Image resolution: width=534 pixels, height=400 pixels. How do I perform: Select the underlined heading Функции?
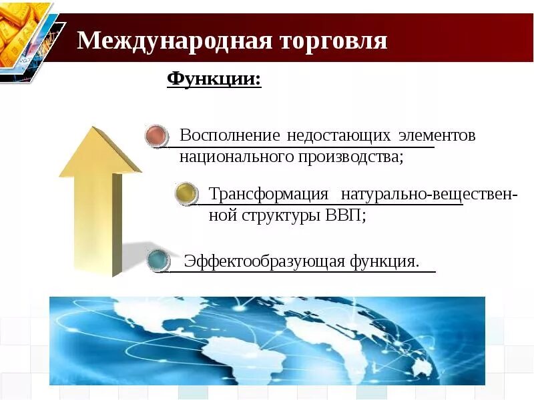(x=214, y=79)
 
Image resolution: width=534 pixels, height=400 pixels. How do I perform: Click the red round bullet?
(x=157, y=136)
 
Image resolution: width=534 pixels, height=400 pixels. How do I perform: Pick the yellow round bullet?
(x=186, y=194)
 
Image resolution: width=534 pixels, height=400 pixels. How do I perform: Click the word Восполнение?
(x=230, y=135)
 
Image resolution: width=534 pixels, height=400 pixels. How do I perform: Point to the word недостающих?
(x=338, y=135)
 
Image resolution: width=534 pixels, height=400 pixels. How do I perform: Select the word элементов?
(x=437, y=135)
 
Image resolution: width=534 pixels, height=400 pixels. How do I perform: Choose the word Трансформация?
(x=269, y=194)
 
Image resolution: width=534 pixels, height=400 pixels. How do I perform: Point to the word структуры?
(x=282, y=217)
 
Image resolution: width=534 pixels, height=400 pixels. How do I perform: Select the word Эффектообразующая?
(x=264, y=261)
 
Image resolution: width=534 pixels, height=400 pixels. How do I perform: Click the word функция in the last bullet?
(x=384, y=261)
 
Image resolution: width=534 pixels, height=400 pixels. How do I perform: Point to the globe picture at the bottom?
(x=267, y=341)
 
